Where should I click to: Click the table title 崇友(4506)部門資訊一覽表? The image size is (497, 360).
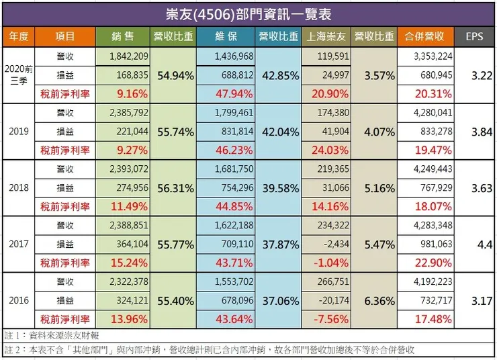248,13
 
